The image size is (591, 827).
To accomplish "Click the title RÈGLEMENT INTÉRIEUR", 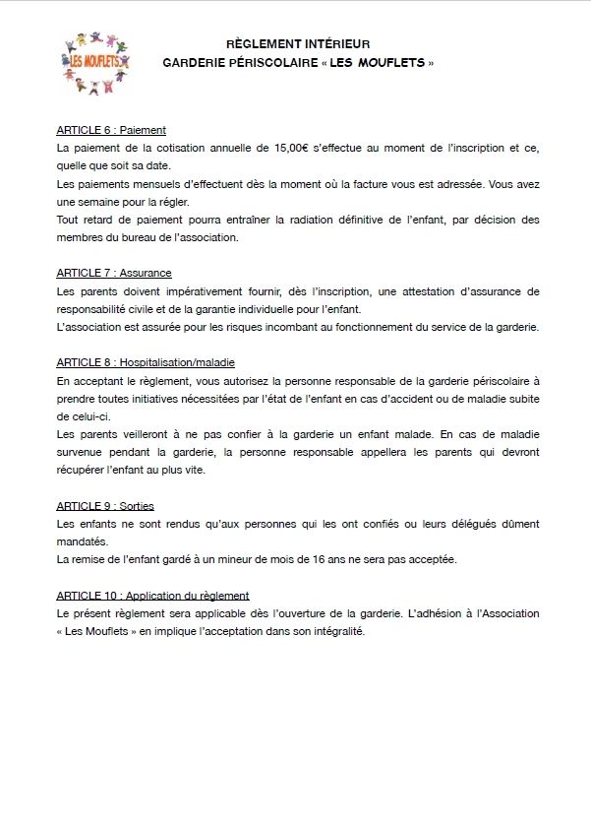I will (298, 44).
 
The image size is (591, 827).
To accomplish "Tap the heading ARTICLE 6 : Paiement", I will (111, 130).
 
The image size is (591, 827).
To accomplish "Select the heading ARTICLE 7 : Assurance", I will (114, 273).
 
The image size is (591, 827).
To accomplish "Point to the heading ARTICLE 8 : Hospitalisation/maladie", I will (146, 362).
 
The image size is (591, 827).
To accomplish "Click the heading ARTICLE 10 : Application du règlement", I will (152, 596).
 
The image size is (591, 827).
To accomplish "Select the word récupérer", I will (84, 470).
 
